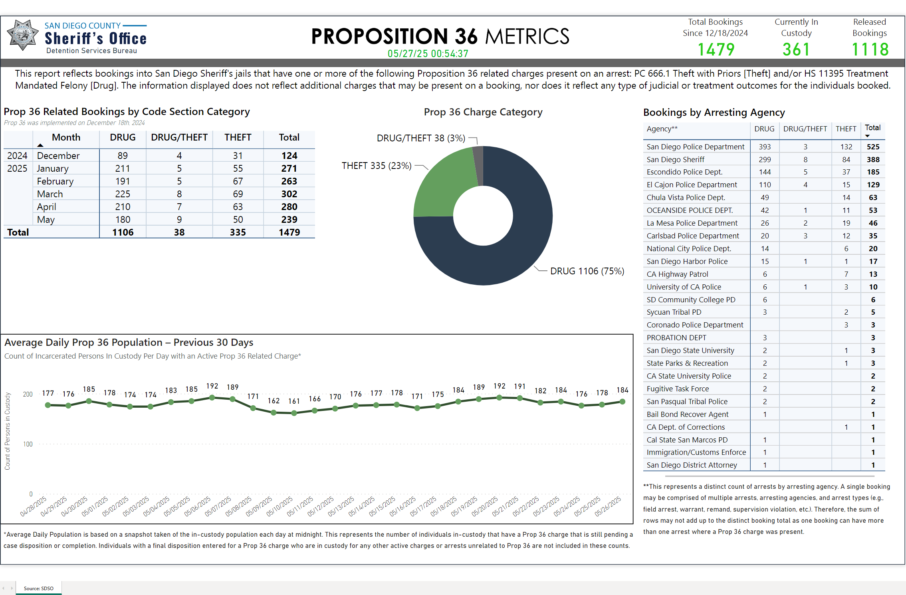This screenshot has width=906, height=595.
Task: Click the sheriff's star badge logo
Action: click(x=23, y=35)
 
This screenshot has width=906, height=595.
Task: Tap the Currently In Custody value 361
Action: click(x=796, y=50)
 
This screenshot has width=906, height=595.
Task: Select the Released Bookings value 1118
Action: click(x=870, y=50)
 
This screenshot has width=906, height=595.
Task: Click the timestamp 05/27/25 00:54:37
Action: click(x=428, y=54)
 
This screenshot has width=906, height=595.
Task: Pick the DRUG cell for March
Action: click(x=123, y=194)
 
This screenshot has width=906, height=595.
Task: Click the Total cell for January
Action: click(x=289, y=169)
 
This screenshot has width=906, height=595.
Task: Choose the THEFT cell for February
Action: click(x=238, y=181)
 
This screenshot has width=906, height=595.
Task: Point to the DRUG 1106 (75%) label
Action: click(x=587, y=271)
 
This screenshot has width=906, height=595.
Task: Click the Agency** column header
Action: click(x=662, y=129)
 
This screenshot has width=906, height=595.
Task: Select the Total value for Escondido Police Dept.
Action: click(x=873, y=172)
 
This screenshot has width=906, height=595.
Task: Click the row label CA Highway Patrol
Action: click(x=677, y=274)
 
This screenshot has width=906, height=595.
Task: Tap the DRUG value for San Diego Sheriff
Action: click(x=765, y=159)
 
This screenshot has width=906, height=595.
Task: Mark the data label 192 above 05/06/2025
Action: click(x=212, y=386)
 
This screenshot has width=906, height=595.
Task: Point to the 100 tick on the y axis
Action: click(x=28, y=444)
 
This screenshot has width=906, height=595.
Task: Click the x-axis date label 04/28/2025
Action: click(x=34, y=506)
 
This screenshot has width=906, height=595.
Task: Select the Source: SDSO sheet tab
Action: click(x=38, y=588)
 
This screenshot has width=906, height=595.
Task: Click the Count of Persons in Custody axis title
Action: click(x=8, y=431)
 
